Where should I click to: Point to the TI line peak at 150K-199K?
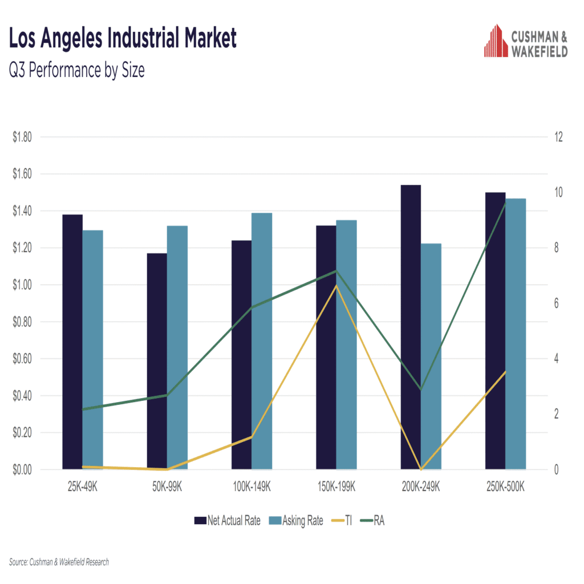pos(336,285)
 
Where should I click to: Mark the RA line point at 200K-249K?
pos(421,390)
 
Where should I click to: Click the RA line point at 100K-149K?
pos(252,307)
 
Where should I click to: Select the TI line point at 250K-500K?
pos(505,372)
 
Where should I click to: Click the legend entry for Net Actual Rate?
pos(228,520)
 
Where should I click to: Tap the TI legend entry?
pos(342,520)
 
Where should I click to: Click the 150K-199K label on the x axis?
pos(336,488)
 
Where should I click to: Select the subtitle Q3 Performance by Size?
pos(77,70)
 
